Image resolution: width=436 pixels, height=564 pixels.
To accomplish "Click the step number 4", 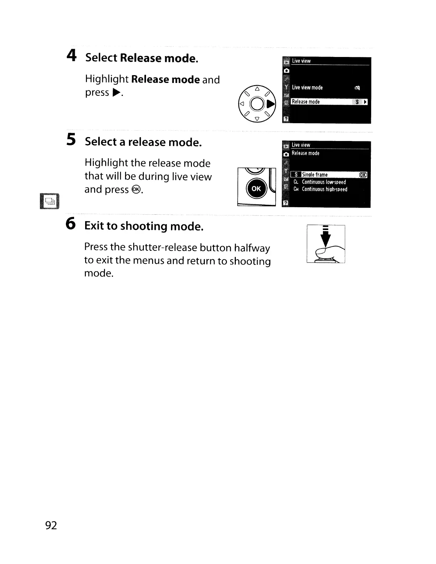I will point(72,56).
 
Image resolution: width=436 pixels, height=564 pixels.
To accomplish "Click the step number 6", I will point(71,224).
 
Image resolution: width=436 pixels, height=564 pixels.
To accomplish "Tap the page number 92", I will point(51,525).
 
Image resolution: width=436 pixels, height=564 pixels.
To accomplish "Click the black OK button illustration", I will point(256,189).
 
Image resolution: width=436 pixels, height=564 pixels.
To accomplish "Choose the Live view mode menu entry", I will point(307,88).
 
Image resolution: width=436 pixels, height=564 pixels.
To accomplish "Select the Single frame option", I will point(315,175).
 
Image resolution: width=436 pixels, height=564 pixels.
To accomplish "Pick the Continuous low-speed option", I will point(323,182).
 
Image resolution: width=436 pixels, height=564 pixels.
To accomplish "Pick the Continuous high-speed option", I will point(324,189).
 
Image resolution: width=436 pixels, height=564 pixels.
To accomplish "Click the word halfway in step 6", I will point(254,248).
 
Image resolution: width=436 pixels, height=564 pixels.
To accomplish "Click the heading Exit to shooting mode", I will point(144,226).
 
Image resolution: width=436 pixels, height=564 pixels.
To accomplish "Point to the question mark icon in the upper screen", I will point(286,119).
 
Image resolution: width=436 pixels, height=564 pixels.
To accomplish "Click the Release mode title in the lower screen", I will point(305,153).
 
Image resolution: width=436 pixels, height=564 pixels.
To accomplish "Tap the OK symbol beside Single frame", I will point(363,175).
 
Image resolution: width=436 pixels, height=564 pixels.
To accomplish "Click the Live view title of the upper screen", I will point(301,61).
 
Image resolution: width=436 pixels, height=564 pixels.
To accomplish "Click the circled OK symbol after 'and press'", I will point(136,190).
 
